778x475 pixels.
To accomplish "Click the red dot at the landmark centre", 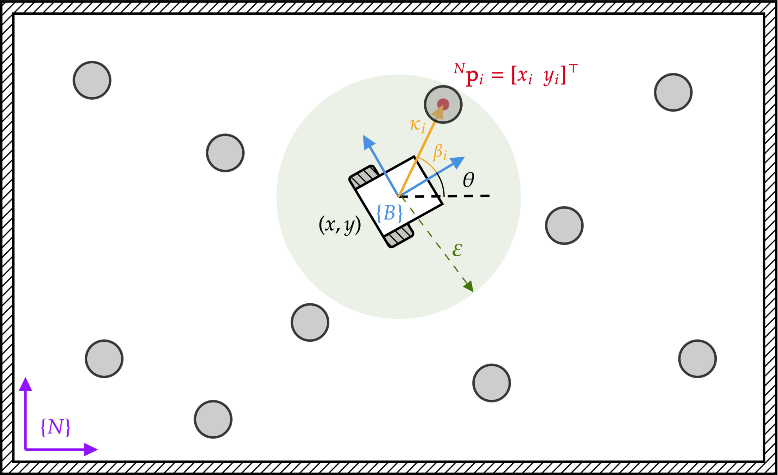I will point(443,104).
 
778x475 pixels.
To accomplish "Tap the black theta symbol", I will point(468,180).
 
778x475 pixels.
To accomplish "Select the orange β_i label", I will point(440,152).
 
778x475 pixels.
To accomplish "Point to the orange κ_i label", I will point(418,125).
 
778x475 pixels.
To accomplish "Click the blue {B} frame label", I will point(389,213).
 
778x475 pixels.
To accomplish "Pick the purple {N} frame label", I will point(56,427).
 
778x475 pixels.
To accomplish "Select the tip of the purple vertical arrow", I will point(25,379).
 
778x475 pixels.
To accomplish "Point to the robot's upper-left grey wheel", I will point(364,176).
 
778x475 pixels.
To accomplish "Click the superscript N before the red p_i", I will point(459,68).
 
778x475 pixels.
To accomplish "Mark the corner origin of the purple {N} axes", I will point(26,449).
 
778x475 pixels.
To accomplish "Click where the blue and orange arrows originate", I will point(399,196).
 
